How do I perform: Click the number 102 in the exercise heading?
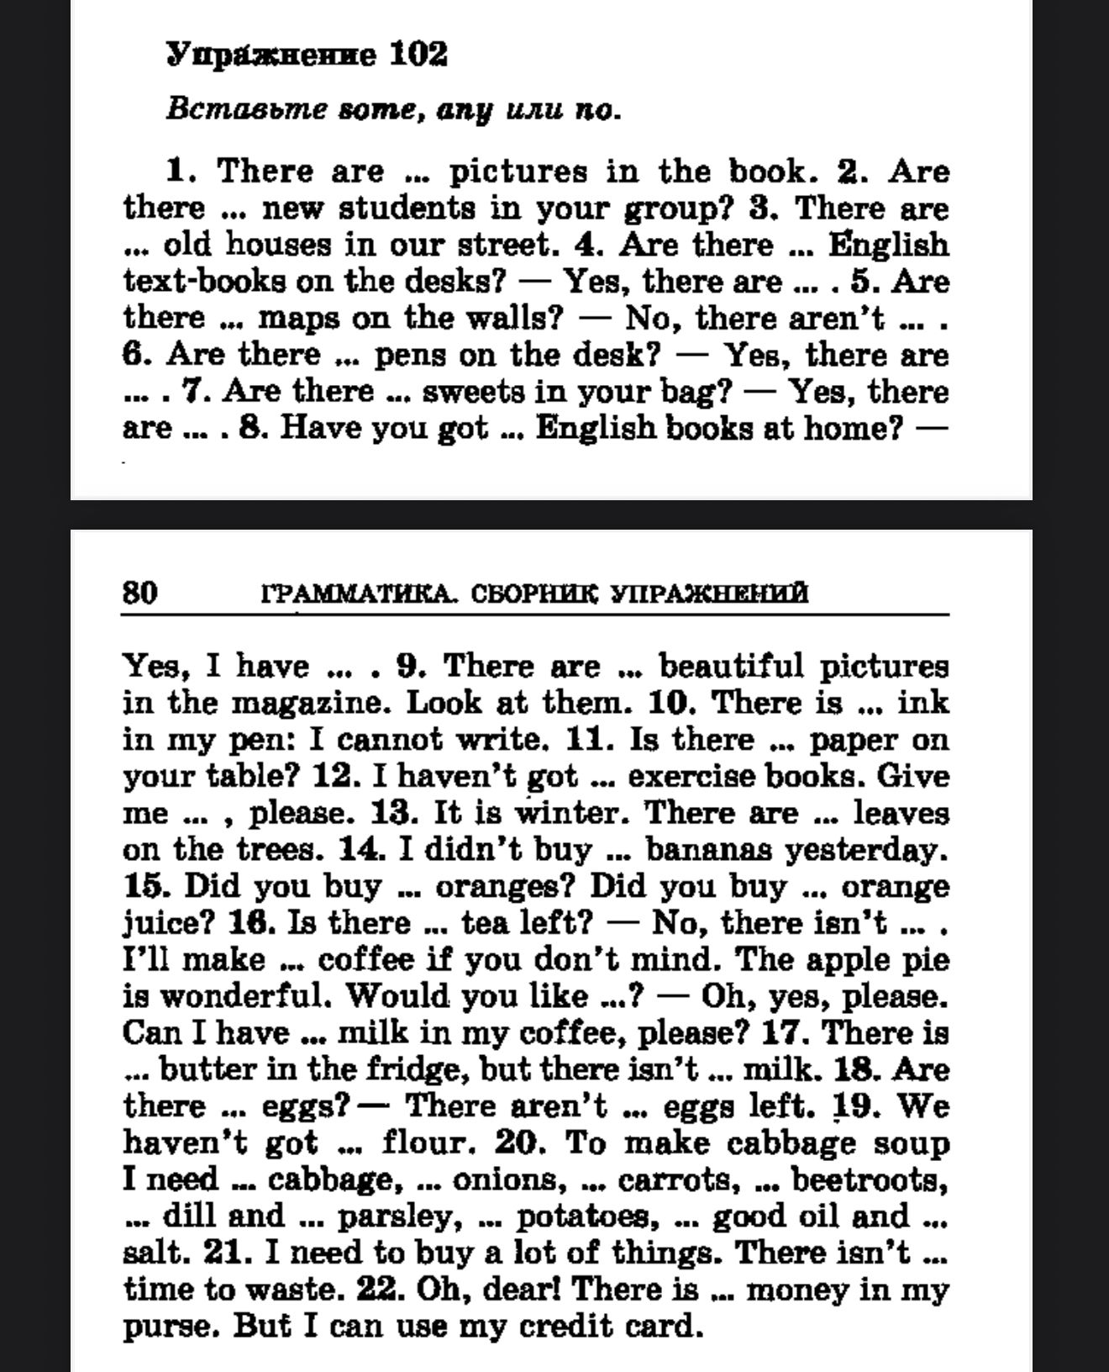(x=418, y=55)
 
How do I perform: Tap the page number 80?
(x=139, y=593)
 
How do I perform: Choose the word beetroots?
(x=870, y=1180)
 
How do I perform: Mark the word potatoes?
(x=582, y=1216)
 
